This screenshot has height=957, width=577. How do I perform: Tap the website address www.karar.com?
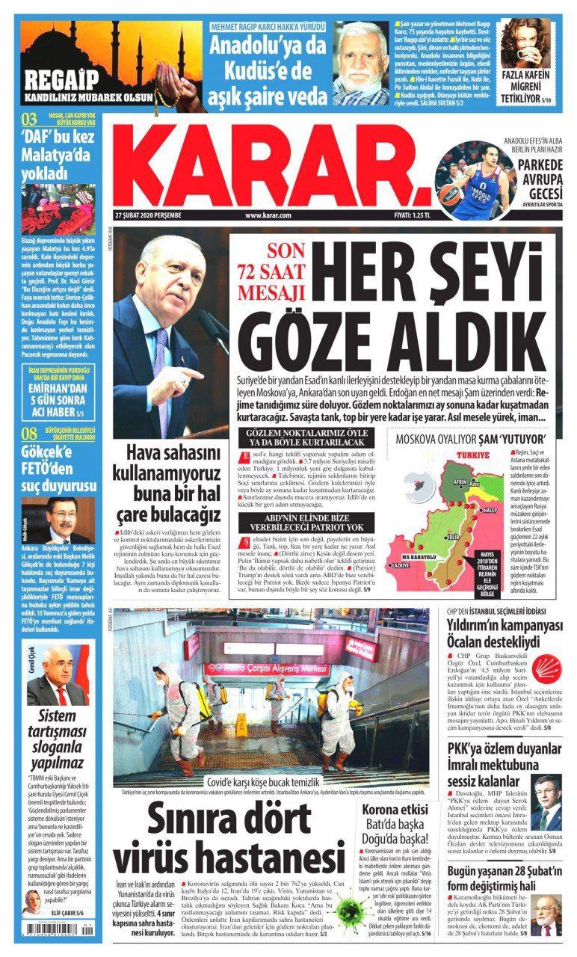click(x=267, y=215)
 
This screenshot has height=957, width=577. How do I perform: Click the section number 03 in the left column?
click(x=29, y=118)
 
